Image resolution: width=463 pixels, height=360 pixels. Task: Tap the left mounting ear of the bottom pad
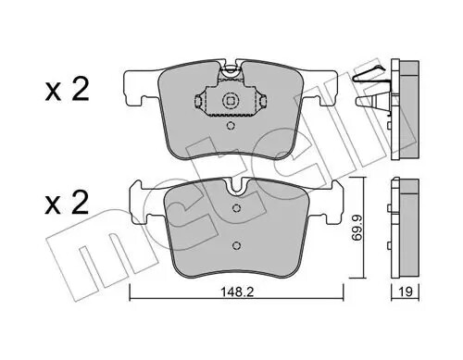[136, 198]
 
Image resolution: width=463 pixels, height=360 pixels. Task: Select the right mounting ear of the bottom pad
[332, 198]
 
